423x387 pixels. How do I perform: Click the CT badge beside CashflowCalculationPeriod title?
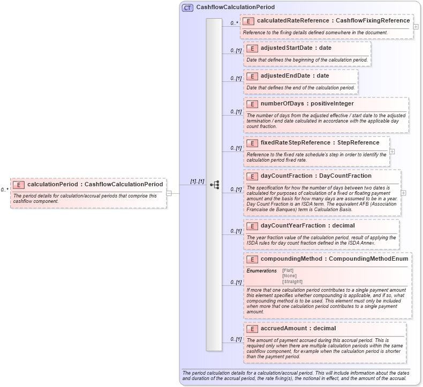coord(187,7)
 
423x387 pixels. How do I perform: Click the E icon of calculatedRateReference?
coord(248,21)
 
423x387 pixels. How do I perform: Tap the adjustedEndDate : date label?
coord(294,76)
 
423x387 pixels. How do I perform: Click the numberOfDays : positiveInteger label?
coord(307,104)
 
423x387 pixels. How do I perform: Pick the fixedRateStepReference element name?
coord(294,143)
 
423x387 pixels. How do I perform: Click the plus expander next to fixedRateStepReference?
coord(392,151)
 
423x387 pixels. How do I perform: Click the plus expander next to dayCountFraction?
coord(403,193)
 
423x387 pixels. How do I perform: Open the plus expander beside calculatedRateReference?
coord(416,26)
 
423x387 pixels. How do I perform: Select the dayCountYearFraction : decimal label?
coord(307,226)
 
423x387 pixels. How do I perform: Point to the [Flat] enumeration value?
coord(288,270)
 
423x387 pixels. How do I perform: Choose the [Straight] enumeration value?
coord(292,282)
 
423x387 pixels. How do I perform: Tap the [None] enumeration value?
coord(289,276)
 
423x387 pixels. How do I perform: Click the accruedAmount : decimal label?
coord(298,328)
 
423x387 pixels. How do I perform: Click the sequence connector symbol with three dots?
coord(214,185)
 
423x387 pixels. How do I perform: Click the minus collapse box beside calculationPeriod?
coord(169,193)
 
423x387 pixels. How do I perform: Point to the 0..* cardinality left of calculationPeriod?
coord(4,189)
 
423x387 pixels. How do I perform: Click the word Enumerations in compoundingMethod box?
coord(261,271)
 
